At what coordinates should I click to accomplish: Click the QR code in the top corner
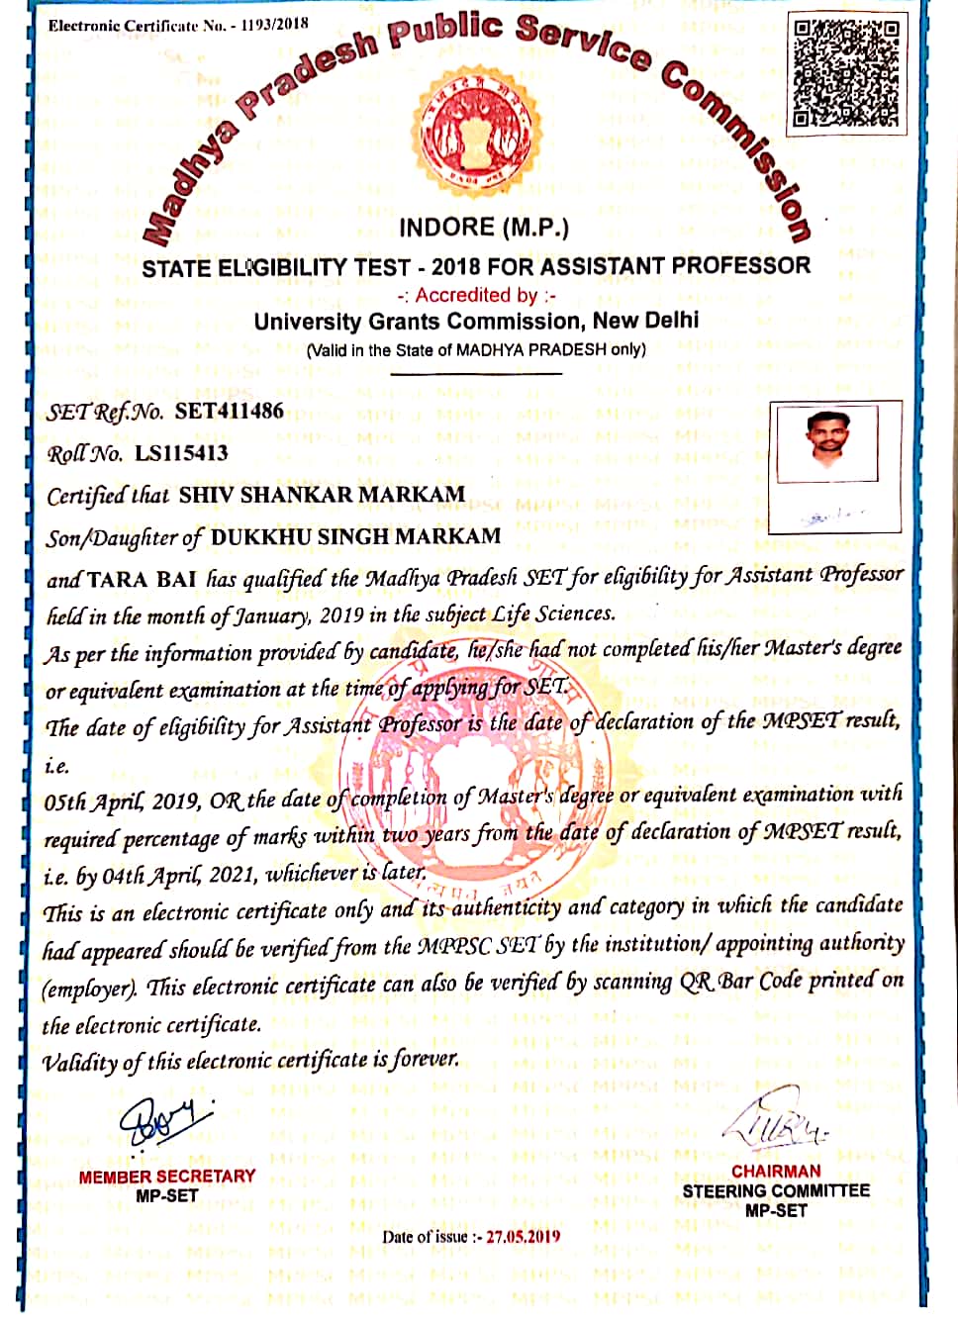[847, 74]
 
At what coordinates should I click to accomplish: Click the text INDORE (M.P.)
[484, 228]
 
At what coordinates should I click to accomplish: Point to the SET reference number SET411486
[229, 411]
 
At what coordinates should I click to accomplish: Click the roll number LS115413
[181, 453]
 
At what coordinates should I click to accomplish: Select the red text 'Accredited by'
[476, 295]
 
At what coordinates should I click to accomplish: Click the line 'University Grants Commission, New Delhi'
[476, 322]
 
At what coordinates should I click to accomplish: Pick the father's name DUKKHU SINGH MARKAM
[355, 537]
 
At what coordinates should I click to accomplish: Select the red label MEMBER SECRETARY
[167, 1177]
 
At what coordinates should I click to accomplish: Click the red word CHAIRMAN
[776, 1171]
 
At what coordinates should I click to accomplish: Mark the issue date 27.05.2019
[523, 1236]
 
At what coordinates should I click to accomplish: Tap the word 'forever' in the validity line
[425, 1060]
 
